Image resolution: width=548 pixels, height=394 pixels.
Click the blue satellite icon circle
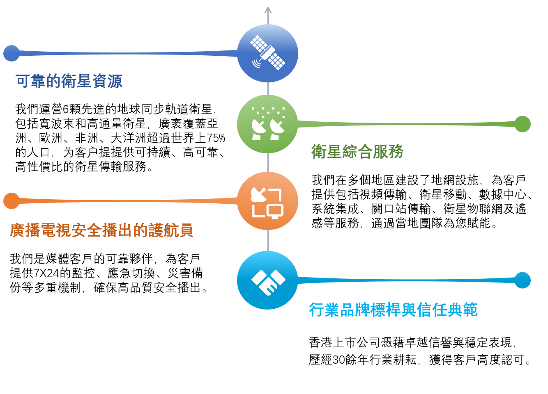(x=267, y=53)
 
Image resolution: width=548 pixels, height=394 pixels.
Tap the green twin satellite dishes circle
(x=267, y=124)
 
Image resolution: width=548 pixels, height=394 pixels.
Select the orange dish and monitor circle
(x=267, y=201)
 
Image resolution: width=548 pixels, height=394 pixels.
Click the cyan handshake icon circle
(x=267, y=280)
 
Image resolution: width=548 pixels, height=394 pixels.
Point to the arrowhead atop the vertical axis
(x=268, y=9)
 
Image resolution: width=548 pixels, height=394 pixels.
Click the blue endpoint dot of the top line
(x=12, y=53)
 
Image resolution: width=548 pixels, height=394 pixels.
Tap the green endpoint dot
(x=523, y=124)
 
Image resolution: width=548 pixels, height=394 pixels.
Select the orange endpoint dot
(x=12, y=201)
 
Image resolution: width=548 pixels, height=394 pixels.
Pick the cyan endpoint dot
(x=523, y=280)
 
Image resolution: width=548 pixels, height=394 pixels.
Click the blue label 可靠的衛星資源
(x=69, y=81)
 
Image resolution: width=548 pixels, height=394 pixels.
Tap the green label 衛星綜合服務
(x=357, y=152)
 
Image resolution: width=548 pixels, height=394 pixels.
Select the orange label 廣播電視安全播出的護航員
(x=101, y=230)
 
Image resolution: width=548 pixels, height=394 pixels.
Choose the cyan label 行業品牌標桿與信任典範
(x=393, y=310)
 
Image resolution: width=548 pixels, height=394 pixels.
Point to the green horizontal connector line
(x=407, y=124)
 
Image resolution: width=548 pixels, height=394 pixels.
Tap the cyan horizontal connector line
(x=407, y=280)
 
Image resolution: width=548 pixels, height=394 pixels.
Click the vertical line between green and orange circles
(x=268, y=163)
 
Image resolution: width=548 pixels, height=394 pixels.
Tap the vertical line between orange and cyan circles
(x=268, y=241)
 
